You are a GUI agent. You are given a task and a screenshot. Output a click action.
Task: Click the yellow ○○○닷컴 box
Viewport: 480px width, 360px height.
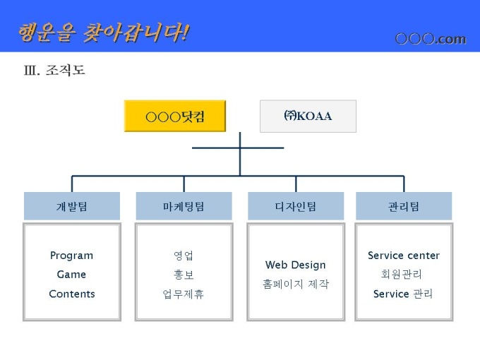tap(175, 116)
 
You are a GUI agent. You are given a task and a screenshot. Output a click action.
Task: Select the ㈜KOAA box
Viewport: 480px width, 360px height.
tap(308, 116)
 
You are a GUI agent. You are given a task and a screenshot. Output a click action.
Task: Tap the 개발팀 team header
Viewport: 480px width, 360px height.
tap(71, 206)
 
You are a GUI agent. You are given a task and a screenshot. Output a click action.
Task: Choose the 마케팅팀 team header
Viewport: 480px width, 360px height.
tap(184, 206)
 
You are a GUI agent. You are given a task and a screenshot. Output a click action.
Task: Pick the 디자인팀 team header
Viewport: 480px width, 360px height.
tap(296, 206)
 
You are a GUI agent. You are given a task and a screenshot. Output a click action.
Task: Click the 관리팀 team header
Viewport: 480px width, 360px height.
tap(404, 206)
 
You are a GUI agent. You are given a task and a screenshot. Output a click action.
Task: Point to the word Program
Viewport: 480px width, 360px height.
tap(71, 256)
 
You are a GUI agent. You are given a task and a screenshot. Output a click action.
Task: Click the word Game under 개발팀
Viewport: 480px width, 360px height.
tap(71, 275)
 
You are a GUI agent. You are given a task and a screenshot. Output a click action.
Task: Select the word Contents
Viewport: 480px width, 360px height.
tap(71, 294)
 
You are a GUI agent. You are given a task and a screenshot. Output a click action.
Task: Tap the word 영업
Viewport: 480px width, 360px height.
tap(184, 256)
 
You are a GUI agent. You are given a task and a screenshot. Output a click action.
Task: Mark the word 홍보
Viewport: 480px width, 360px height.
tap(184, 275)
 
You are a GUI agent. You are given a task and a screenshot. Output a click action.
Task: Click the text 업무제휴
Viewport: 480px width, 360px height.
tap(184, 294)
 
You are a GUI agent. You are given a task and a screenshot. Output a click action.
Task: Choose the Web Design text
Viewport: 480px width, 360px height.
tap(296, 265)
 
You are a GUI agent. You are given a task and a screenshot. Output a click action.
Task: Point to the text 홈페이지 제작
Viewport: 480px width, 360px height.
tap(296, 284)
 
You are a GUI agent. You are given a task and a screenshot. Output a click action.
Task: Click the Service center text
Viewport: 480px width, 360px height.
tap(404, 256)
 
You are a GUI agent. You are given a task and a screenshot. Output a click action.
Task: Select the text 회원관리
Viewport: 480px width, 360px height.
tap(404, 275)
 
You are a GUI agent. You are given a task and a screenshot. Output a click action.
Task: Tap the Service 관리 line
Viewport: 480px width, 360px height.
tap(404, 294)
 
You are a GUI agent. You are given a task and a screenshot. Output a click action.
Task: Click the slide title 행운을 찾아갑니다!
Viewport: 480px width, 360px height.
tap(103, 32)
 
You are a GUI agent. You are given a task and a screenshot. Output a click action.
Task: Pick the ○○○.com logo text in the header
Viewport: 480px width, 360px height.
tap(431, 39)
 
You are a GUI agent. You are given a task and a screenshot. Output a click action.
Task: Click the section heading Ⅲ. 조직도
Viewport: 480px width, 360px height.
tap(54, 71)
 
